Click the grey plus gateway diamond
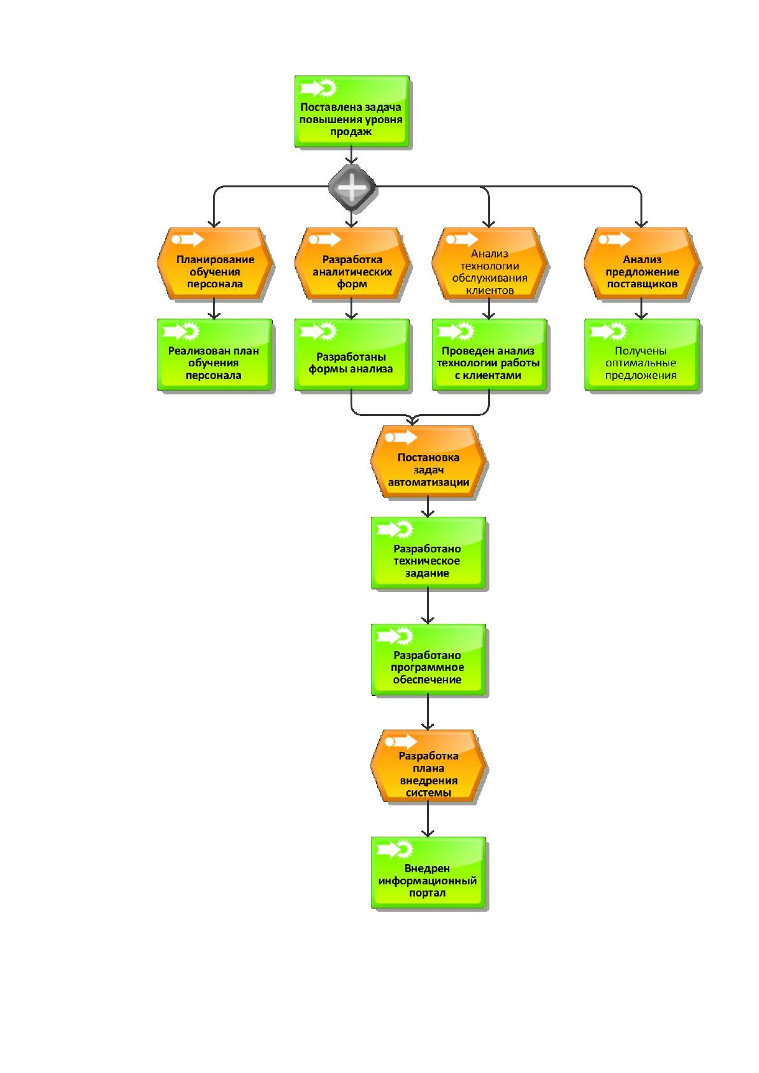click(x=352, y=188)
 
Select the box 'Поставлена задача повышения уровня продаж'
click(x=352, y=111)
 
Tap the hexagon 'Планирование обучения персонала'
click(x=215, y=263)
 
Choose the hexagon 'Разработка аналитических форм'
click(x=352, y=263)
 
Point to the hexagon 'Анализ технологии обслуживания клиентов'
click(x=489, y=263)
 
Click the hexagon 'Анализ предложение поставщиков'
click(x=642, y=263)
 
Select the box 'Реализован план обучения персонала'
click(x=215, y=355)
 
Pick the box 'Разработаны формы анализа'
click(x=352, y=355)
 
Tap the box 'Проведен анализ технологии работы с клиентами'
click(x=489, y=355)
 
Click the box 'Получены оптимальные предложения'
click(x=642, y=355)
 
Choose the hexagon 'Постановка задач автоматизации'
click(x=428, y=462)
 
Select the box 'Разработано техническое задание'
click(x=428, y=553)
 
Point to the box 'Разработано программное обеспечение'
click(x=428, y=659)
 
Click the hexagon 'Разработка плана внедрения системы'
click(x=428, y=767)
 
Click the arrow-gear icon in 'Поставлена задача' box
click(x=318, y=88)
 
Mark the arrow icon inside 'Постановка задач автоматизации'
click(x=401, y=437)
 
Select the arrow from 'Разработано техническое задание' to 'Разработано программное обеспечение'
click(x=428, y=607)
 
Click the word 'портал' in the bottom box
click(x=427, y=893)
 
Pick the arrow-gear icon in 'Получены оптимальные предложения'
click(x=607, y=331)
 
